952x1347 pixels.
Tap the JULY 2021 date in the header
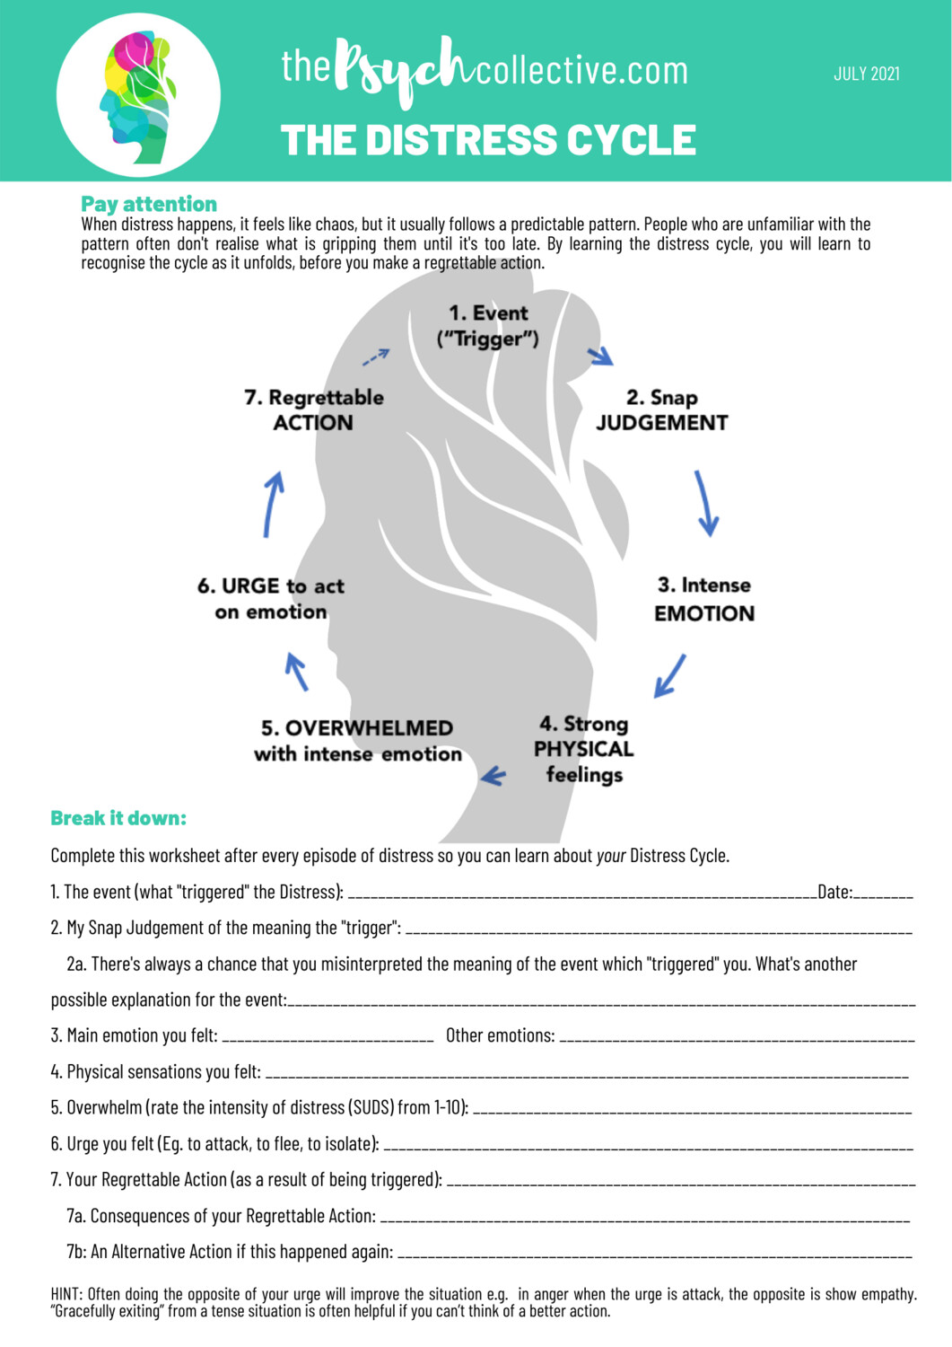pos(866,74)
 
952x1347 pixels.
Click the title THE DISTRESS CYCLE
pos(488,141)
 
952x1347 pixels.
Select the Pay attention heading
pos(149,204)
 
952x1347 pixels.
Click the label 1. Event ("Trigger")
pos(488,325)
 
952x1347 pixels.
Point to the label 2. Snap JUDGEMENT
pos(661,409)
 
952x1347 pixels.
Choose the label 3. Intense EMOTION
pos(704,599)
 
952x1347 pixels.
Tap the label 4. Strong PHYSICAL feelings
pos(584,749)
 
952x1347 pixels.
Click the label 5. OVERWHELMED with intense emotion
pos(357,741)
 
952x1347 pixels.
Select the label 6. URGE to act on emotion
pos(271,598)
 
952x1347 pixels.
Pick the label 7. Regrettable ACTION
pos(313,409)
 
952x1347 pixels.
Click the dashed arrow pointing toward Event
pos(376,357)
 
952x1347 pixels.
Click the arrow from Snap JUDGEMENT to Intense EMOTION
pos(706,504)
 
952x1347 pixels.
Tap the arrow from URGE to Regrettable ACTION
pos(273,504)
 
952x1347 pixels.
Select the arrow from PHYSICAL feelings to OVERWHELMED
pos(493,776)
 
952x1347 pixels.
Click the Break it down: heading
pos(118,818)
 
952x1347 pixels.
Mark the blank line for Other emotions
pos(736,1039)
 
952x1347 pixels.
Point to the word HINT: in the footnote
pos(66,1294)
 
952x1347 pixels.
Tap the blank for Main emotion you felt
pos(328,1039)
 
